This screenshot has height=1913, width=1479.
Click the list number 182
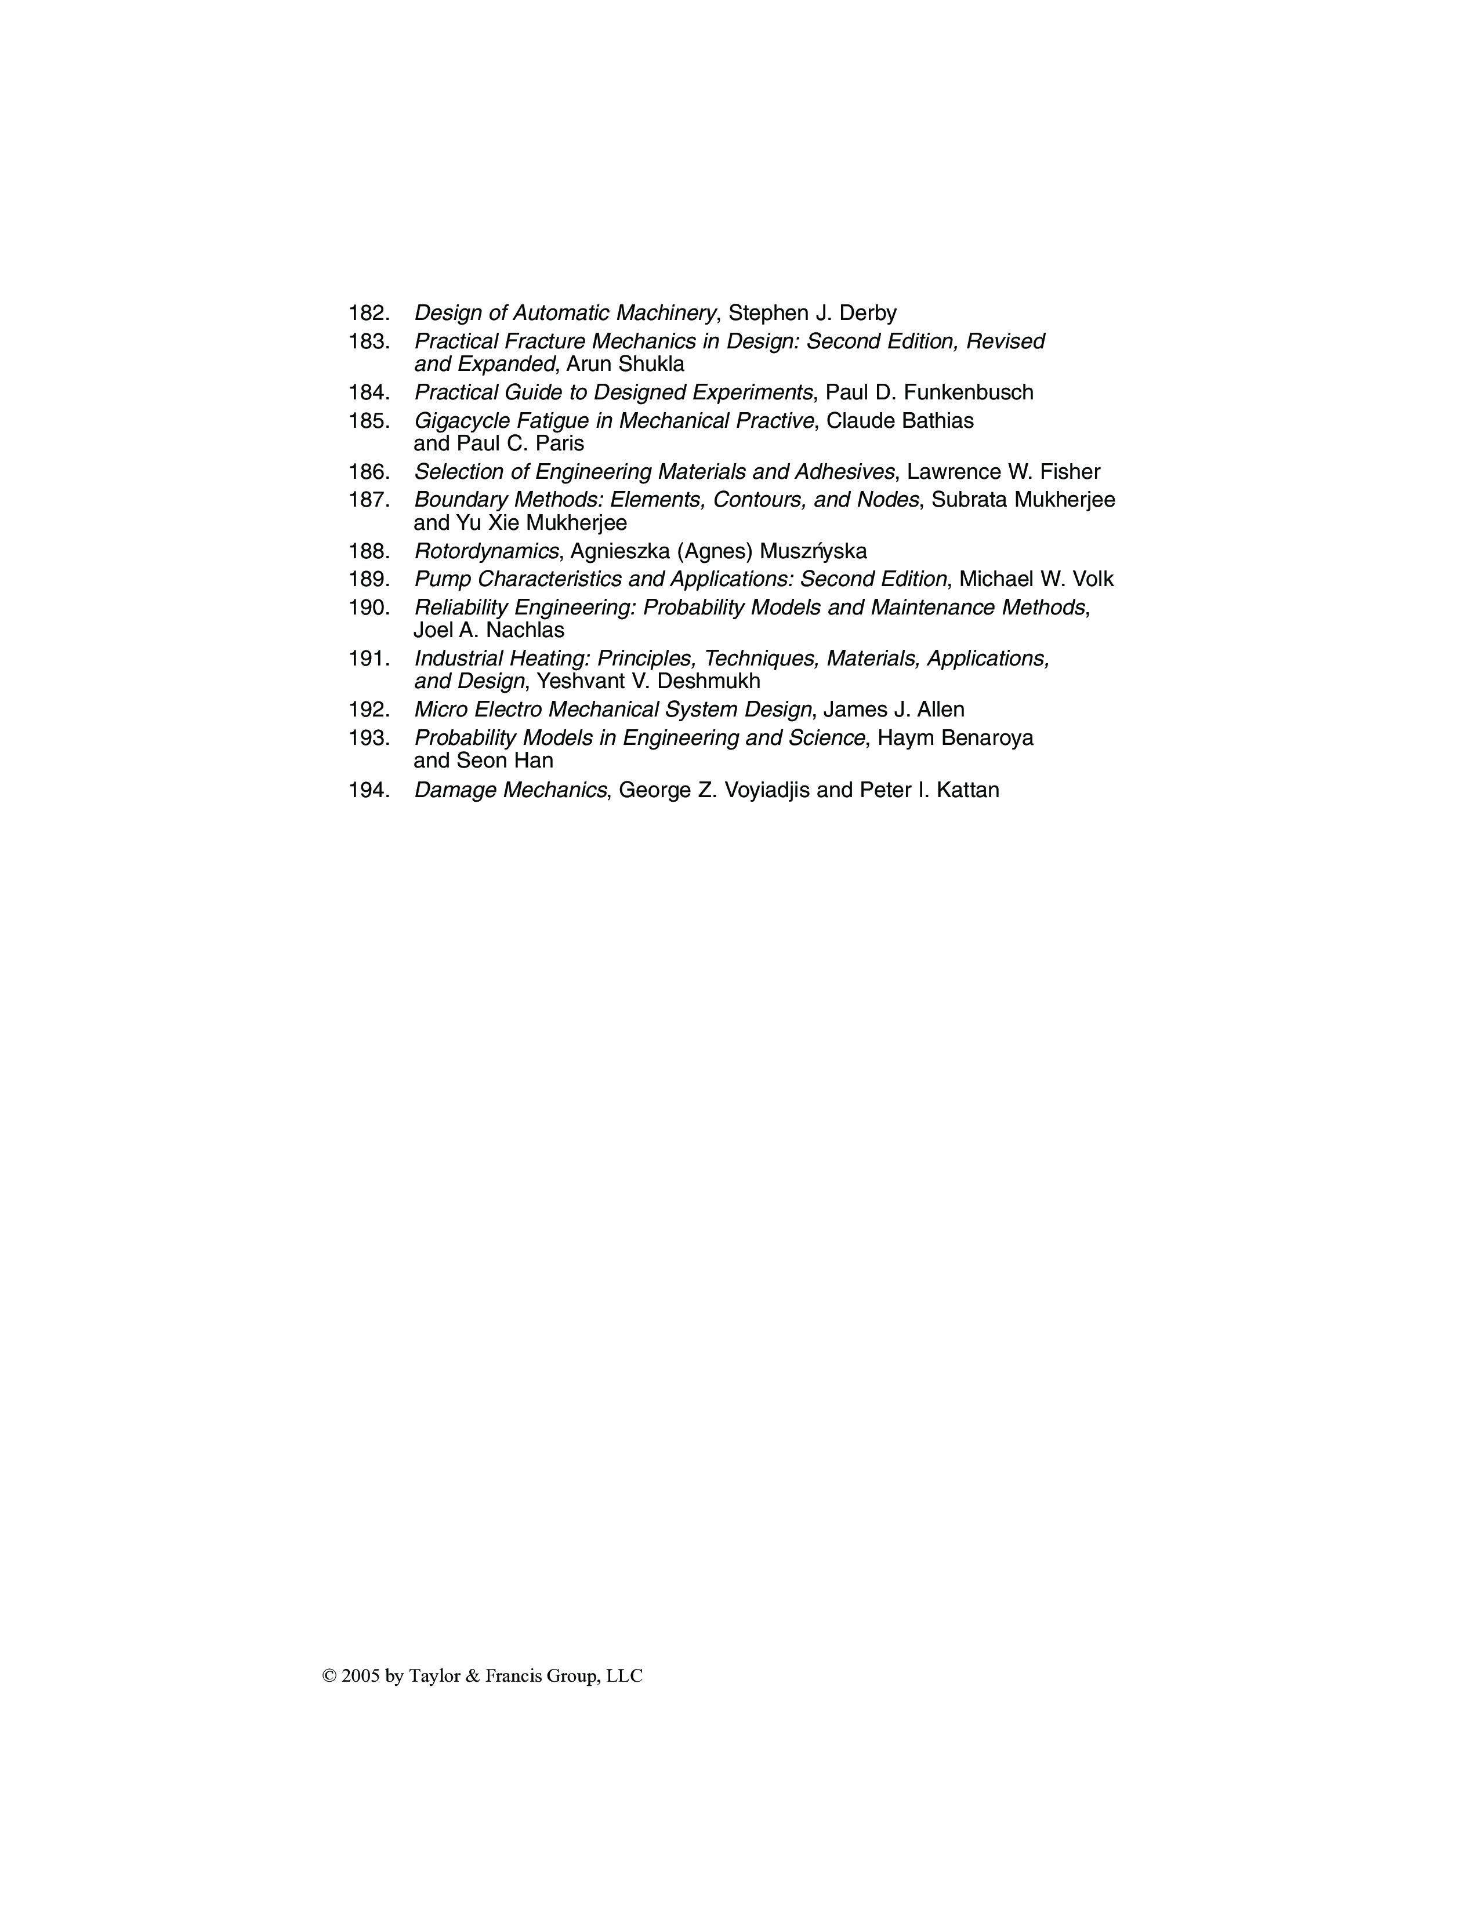(368, 312)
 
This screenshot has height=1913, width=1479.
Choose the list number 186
(368, 472)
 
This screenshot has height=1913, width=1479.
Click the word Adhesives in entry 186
(844, 472)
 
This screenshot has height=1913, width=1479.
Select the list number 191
(368, 659)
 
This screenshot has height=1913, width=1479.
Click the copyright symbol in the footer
(329, 1676)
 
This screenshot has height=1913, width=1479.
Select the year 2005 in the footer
(361, 1676)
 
